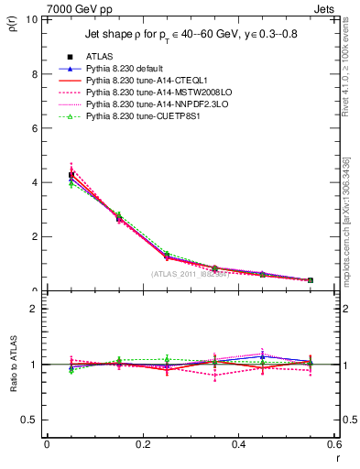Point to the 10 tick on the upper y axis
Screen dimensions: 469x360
click(x=31, y=19)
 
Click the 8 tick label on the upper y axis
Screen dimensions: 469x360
click(x=34, y=73)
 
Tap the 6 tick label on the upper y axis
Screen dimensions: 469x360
click(x=34, y=128)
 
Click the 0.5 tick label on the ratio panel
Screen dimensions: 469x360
click(x=30, y=420)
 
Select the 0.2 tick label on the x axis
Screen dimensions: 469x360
click(x=142, y=444)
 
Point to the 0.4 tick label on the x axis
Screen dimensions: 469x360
click(x=237, y=444)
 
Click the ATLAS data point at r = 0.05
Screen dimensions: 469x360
click(x=71, y=175)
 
